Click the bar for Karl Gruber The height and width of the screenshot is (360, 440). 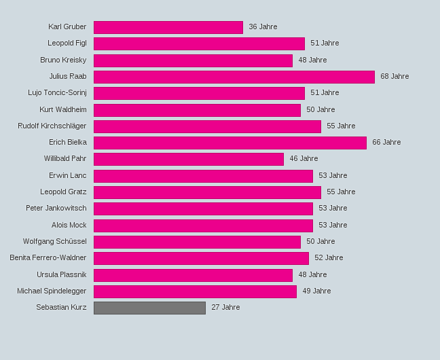tap(168, 27)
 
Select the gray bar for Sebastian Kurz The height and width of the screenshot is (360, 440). tap(149, 308)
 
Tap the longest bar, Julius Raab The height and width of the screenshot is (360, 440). tap(234, 77)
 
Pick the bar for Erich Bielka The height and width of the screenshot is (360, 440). tap(230, 143)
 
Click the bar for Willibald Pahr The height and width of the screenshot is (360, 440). tap(188, 159)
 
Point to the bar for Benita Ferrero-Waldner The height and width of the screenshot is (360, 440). tap(201, 258)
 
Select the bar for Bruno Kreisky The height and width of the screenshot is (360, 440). tap(193, 60)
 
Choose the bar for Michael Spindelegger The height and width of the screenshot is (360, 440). tap(195, 291)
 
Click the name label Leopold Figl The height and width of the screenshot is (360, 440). tap(67, 43)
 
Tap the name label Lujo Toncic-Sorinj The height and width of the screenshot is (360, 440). tap(57, 93)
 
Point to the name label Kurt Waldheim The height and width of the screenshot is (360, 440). tap(62, 109)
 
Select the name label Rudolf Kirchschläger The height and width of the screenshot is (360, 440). tap(52, 126)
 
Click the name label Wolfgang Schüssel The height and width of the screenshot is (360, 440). tap(54, 242)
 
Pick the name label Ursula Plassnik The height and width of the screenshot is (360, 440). tap(61, 274)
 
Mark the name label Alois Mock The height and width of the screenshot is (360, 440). tap(69, 225)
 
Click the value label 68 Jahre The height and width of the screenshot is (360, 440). tap(395, 77)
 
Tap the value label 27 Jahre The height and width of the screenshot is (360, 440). tap(225, 308)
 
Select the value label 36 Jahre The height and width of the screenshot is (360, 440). tap(263, 27)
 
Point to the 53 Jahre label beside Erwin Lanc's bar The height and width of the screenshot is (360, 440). tap(333, 176)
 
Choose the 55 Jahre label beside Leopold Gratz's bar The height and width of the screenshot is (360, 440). tap(341, 192)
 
